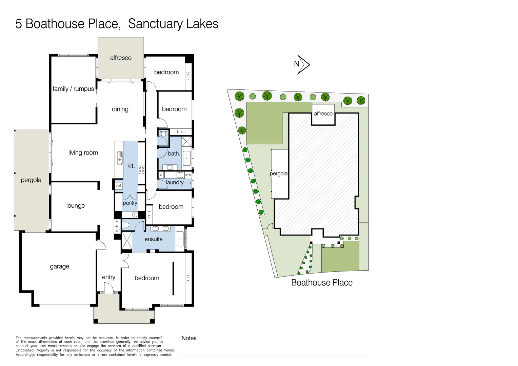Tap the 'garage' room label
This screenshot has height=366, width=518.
[x=59, y=267]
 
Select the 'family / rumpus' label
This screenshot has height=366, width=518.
[x=73, y=89]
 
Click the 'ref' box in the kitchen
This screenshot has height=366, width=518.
[x=118, y=186]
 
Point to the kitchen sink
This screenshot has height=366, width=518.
[x=120, y=158]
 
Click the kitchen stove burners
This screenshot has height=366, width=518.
[x=141, y=169]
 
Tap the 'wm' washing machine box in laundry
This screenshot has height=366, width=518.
[x=188, y=175]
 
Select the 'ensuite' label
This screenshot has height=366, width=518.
[x=153, y=239]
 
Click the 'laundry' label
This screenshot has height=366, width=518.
[x=175, y=183]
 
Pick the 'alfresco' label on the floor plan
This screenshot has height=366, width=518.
[x=121, y=58]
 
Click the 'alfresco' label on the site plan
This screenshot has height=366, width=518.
[x=323, y=114]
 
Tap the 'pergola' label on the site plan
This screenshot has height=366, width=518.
[x=278, y=174]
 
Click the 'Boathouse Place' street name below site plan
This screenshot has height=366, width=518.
[x=322, y=283]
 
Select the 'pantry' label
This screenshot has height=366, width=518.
[x=130, y=203]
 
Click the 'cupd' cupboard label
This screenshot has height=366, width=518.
[x=117, y=227]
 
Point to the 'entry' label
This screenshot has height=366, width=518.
[x=108, y=277]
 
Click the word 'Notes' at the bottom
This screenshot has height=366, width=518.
[x=189, y=338]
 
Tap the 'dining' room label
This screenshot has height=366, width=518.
[x=120, y=109]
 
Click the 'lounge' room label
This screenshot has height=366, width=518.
[x=75, y=206]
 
